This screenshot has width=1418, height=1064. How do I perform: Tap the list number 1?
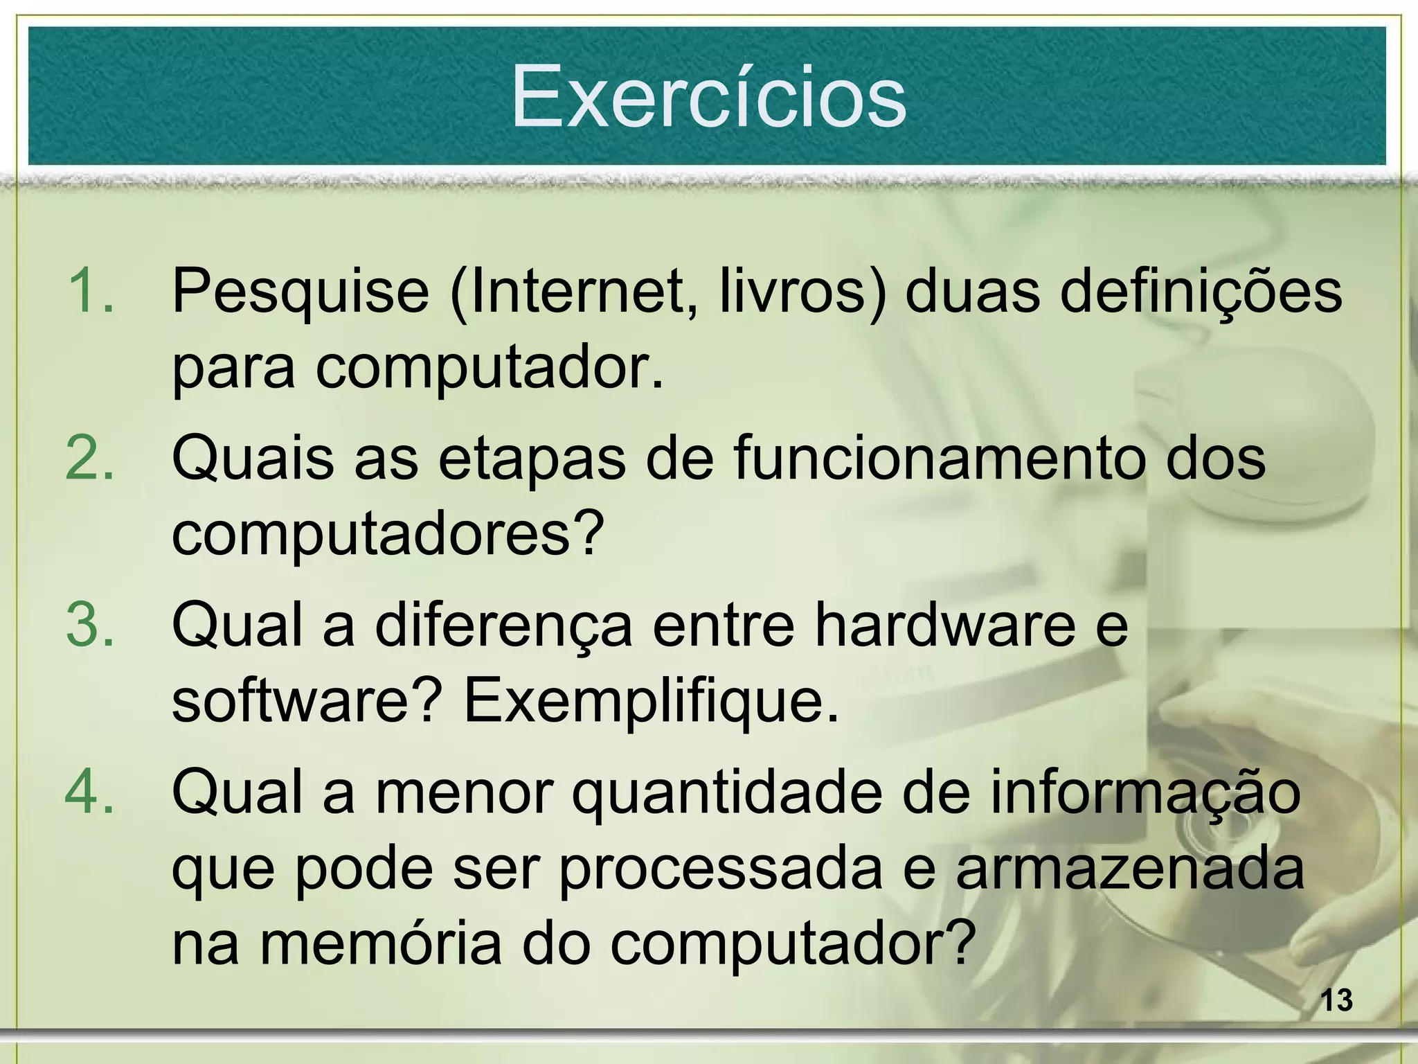[89, 291]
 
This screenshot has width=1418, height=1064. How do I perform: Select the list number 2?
[89, 458]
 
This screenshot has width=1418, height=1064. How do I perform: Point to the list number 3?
[89, 625]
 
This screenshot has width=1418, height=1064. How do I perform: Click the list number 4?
[89, 792]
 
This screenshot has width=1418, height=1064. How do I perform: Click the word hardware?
[944, 625]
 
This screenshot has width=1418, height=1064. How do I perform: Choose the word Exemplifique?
[651, 702]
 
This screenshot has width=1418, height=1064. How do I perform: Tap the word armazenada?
[1129, 869]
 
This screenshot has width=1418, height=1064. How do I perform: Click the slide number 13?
[1336, 1001]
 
